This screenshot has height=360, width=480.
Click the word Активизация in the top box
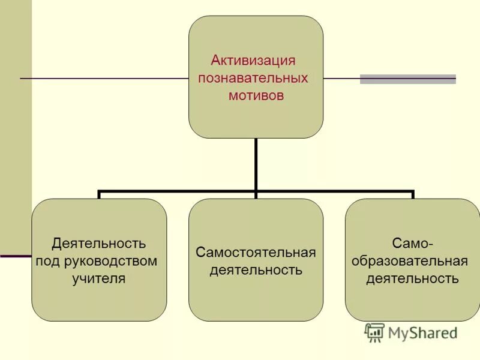coord(253,61)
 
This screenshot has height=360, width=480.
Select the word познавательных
coord(253,78)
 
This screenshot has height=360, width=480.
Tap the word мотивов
coord(256,95)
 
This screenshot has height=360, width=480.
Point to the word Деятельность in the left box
coord(99,244)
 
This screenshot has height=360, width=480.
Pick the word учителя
coord(100,278)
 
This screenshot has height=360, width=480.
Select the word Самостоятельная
coord(256,252)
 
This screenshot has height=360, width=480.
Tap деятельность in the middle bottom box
coord(256,270)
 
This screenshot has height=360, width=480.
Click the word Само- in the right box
coord(412,244)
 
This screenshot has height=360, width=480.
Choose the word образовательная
coord(412,261)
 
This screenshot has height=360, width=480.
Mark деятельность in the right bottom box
coord(412,278)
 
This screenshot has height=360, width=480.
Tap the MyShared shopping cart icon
coord(374,332)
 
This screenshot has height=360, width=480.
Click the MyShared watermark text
coord(422,333)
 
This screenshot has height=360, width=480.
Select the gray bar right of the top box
coord(408,79)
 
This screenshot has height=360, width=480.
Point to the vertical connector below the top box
coord(256,165)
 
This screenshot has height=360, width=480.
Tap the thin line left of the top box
coord(102,79)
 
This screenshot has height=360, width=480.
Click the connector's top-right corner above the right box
coord(413,193)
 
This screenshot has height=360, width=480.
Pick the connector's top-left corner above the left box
coord(99,193)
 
